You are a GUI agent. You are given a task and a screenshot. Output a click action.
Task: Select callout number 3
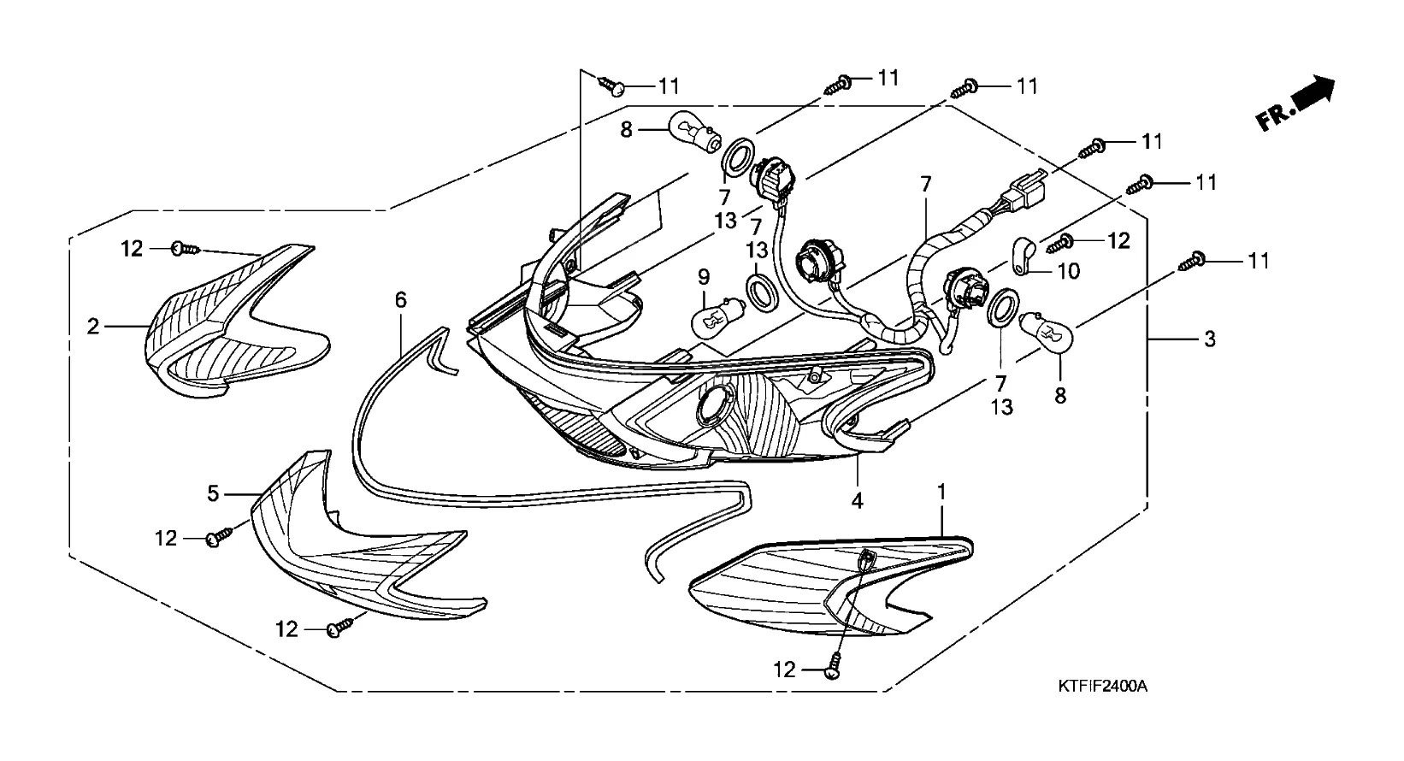pyautogui.click(x=1209, y=339)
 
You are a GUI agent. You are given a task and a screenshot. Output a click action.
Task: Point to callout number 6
pyautogui.click(x=401, y=299)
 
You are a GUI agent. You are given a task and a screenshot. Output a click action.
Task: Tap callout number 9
pyautogui.click(x=704, y=276)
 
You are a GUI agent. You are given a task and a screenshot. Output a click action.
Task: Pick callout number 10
pyautogui.click(x=1069, y=271)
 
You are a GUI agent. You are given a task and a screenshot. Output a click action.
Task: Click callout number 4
pyautogui.click(x=858, y=500)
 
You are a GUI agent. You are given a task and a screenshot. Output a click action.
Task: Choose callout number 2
pyautogui.click(x=93, y=326)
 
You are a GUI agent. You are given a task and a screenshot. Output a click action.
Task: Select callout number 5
pyautogui.click(x=214, y=493)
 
